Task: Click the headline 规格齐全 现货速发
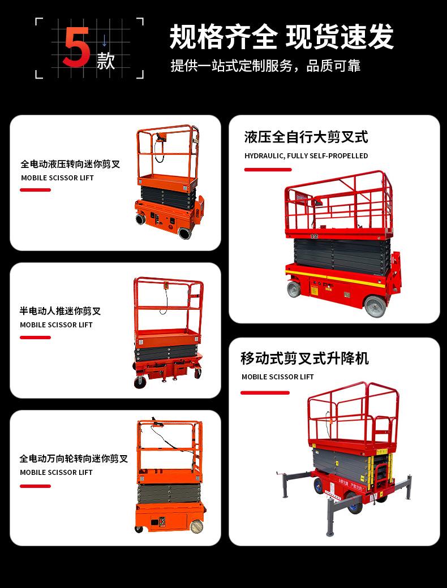point(281,37)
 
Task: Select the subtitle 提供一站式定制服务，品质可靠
point(265,66)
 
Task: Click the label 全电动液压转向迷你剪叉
point(70,164)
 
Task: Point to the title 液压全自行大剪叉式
point(306,137)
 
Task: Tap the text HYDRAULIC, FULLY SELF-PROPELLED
point(306,155)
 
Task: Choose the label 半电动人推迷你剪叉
point(60,310)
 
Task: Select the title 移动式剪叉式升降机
point(304,358)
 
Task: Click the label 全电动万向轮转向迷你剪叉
point(74,458)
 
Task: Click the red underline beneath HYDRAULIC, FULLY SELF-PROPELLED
point(268,170)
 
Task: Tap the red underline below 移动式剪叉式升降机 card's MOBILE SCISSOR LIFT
point(265,392)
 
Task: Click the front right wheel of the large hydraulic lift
point(375,307)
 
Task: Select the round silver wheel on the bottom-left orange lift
point(196,526)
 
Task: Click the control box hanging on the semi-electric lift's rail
point(166,288)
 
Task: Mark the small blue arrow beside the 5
point(105,40)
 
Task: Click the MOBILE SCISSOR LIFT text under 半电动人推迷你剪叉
point(56,325)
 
